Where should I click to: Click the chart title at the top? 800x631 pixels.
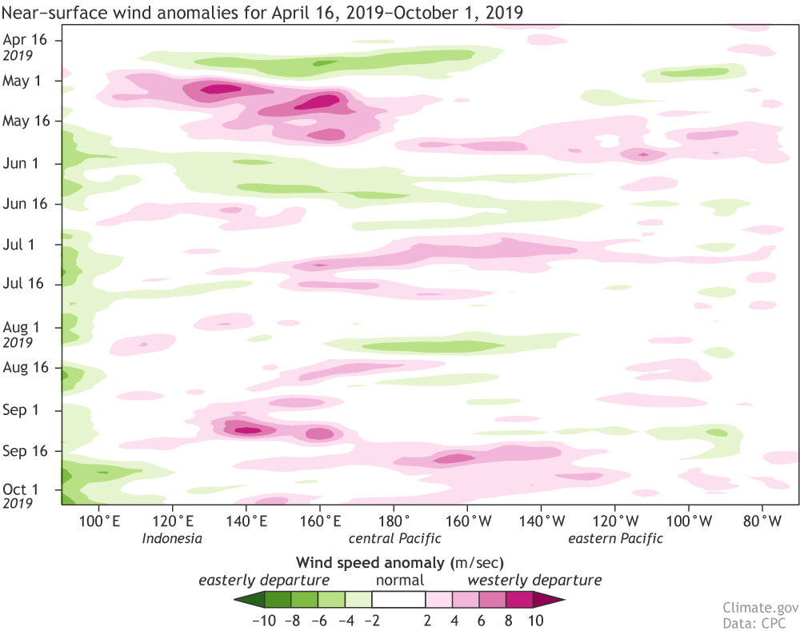[x=264, y=12]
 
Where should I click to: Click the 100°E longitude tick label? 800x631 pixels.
[x=98, y=521]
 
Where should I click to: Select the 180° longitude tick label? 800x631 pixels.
[x=394, y=521]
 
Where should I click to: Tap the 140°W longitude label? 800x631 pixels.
[x=541, y=521]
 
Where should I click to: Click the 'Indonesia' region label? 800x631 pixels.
[x=172, y=538]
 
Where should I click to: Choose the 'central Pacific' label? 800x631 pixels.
[x=394, y=538]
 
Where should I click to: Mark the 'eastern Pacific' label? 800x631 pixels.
[x=615, y=538]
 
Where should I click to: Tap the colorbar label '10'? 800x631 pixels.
[x=536, y=620]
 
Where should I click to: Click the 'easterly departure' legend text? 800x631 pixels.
[x=264, y=580]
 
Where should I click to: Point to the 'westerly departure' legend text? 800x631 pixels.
[x=534, y=580]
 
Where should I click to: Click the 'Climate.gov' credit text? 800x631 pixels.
[x=754, y=607]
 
